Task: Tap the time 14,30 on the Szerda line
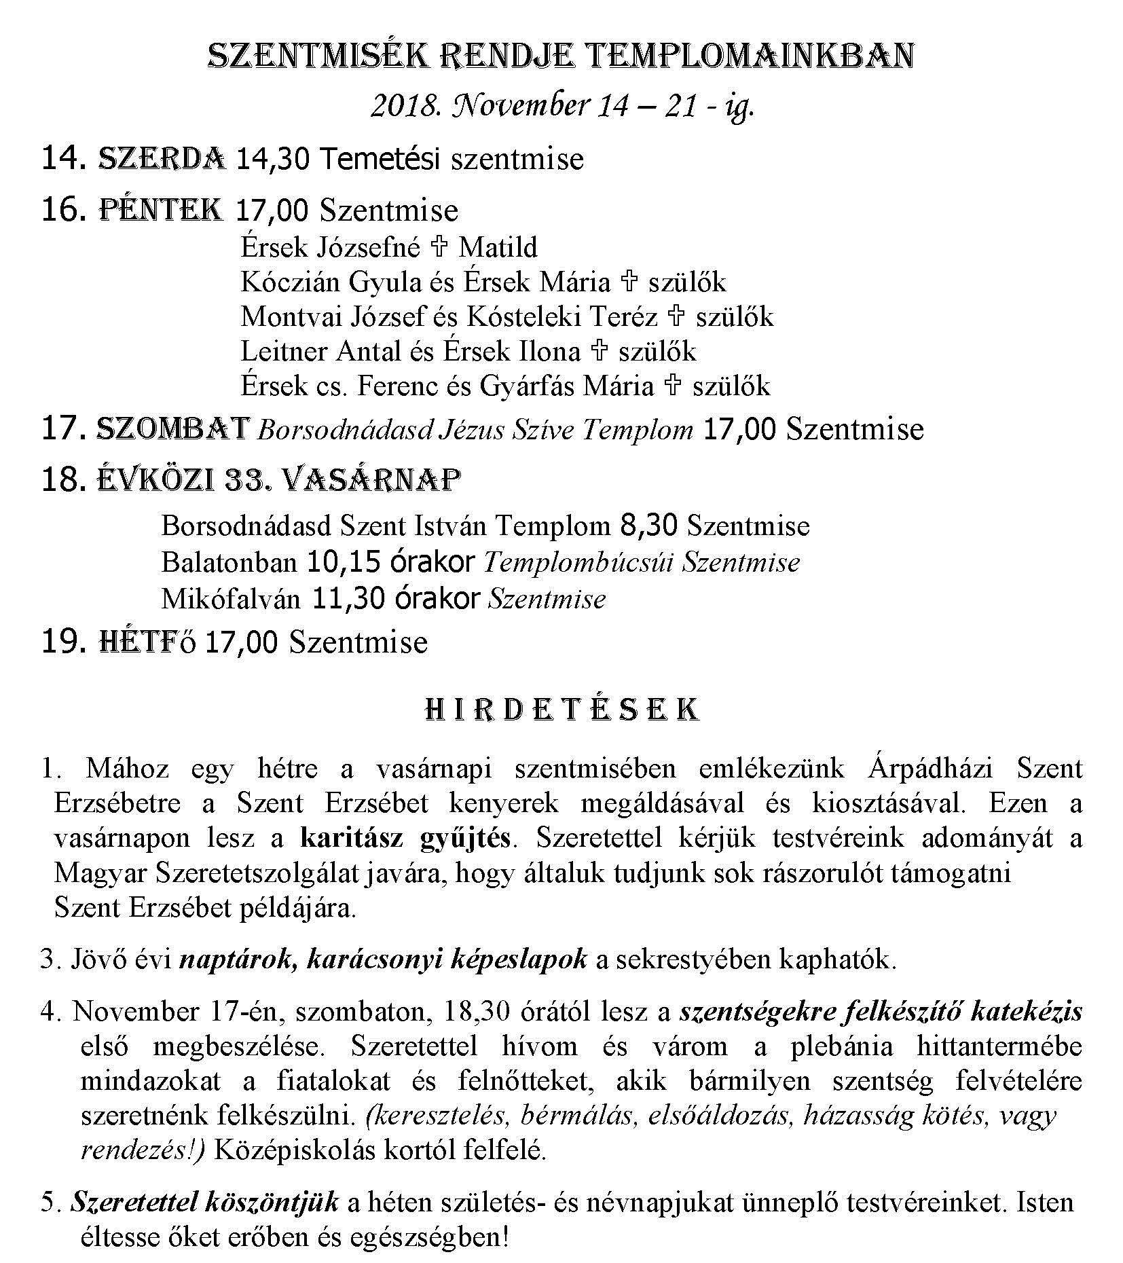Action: (x=273, y=159)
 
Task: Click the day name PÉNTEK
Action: (x=162, y=210)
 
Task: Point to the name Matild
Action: (x=498, y=246)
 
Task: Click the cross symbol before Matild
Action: (x=439, y=246)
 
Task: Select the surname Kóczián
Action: (x=290, y=282)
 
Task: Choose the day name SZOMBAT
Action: (x=173, y=429)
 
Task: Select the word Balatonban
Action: (x=229, y=562)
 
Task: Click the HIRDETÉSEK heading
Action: (x=561, y=710)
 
